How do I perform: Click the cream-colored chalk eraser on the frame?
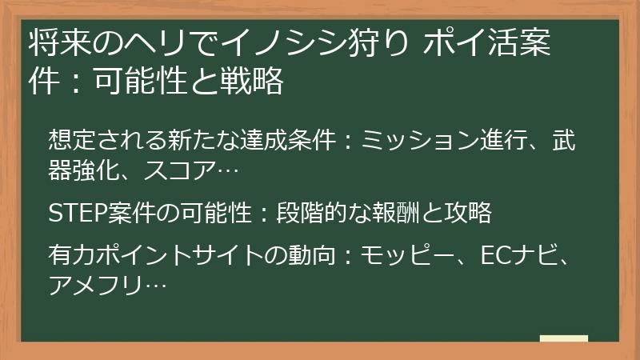pyautogui.click(x=563, y=338)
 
